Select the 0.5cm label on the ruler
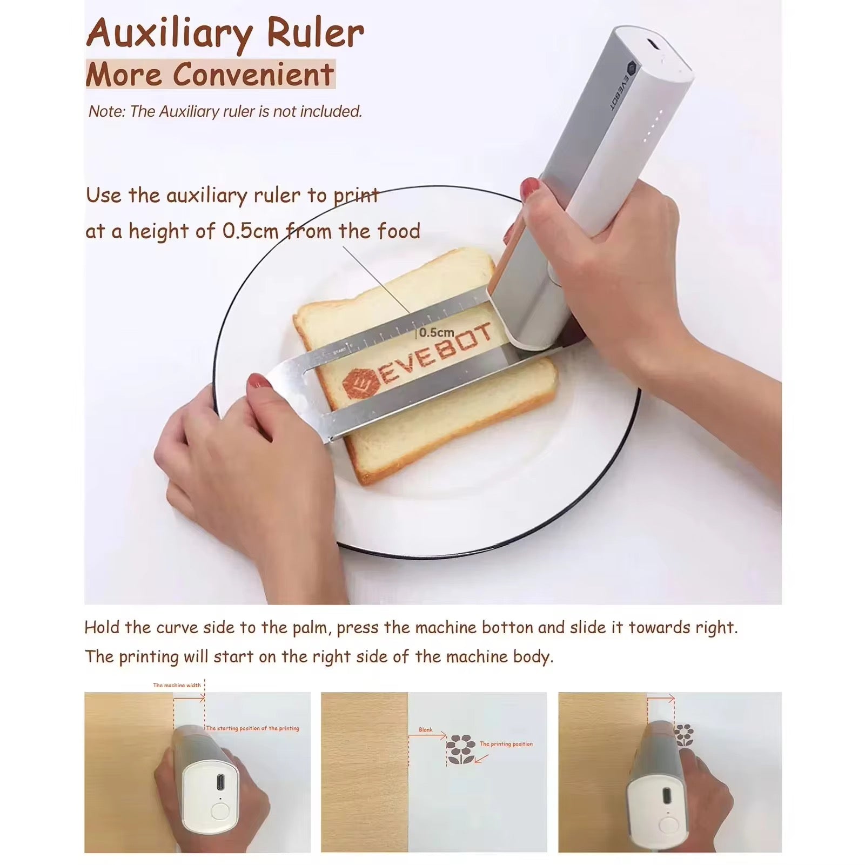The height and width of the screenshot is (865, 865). point(437,333)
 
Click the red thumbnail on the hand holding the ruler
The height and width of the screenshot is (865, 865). point(259,382)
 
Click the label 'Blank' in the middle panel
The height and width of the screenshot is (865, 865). point(426,730)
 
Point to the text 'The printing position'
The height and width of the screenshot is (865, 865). point(506,744)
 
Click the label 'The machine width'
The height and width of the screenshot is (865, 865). point(177,685)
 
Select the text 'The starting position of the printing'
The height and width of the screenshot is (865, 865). point(252,728)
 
